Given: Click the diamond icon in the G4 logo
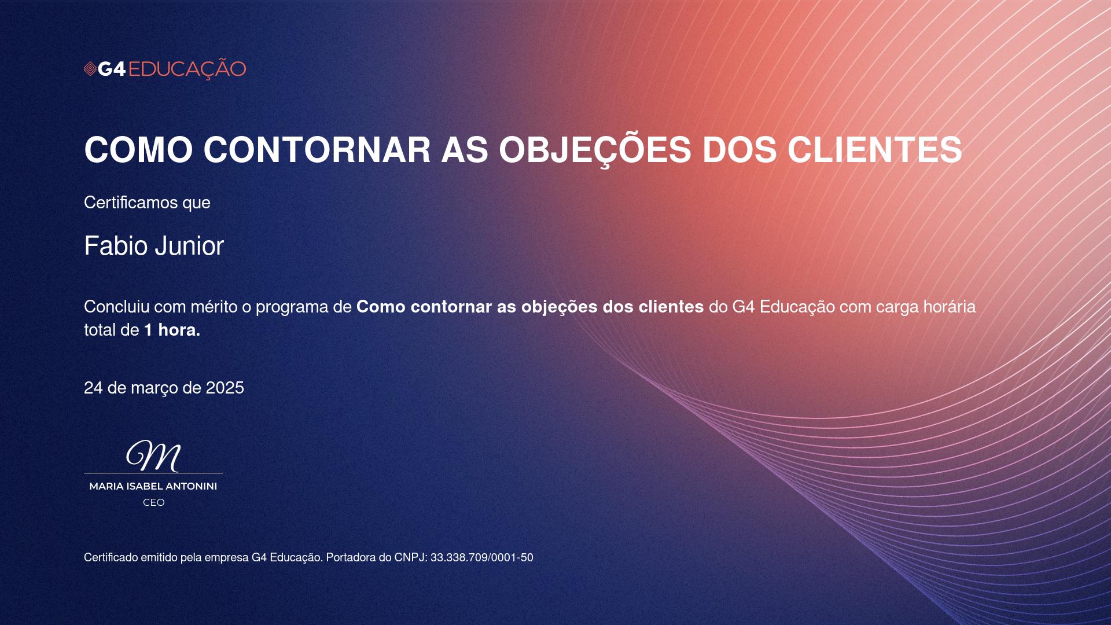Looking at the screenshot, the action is point(90,69).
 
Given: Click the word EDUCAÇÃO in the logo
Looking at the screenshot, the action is point(187,69).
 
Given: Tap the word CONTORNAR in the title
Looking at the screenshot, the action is point(317,150).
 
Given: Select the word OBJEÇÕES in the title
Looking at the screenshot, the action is point(595,149).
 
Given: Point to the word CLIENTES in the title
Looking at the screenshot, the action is point(875,150).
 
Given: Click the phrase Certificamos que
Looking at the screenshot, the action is point(147,203).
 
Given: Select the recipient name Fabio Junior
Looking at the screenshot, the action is point(154,246).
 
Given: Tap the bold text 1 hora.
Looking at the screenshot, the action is point(172,330).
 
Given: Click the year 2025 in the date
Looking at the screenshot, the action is point(225,388).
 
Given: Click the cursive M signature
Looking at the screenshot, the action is point(154,456).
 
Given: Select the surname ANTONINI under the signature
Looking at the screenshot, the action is point(192,487).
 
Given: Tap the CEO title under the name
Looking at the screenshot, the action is point(154,503).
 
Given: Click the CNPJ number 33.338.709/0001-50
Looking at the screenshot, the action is point(482,558).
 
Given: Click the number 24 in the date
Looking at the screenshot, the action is point(93,388).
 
